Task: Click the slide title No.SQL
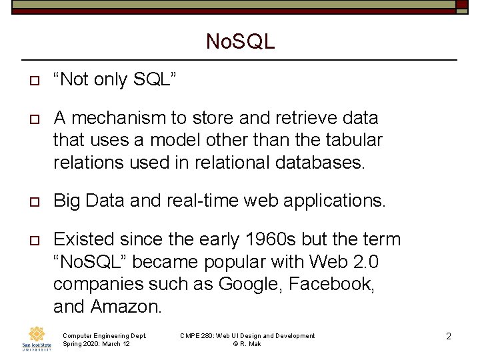(240, 42)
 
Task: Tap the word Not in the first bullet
(75, 79)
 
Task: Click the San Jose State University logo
(37, 339)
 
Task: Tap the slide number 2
(449, 336)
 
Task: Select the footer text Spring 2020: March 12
(96, 344)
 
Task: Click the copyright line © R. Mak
(247, 344)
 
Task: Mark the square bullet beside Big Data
(31, 201)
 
